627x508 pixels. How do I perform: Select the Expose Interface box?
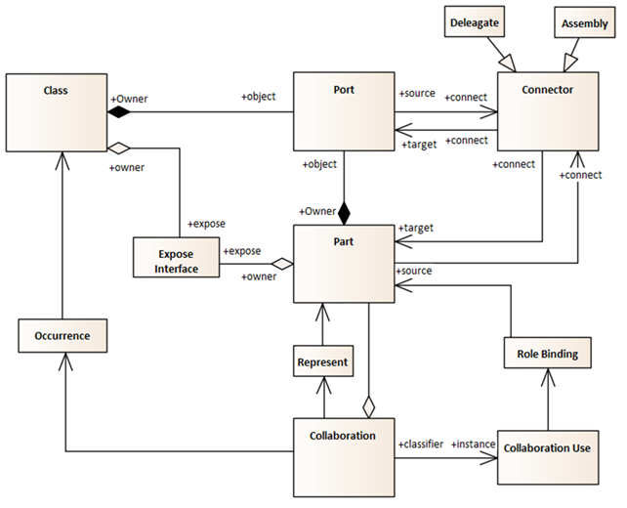click(176, 256)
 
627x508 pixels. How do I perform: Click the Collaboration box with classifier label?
click(344, 455)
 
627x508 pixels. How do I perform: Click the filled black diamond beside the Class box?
click(117, 113)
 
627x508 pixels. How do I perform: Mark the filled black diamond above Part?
click(344, 211)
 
